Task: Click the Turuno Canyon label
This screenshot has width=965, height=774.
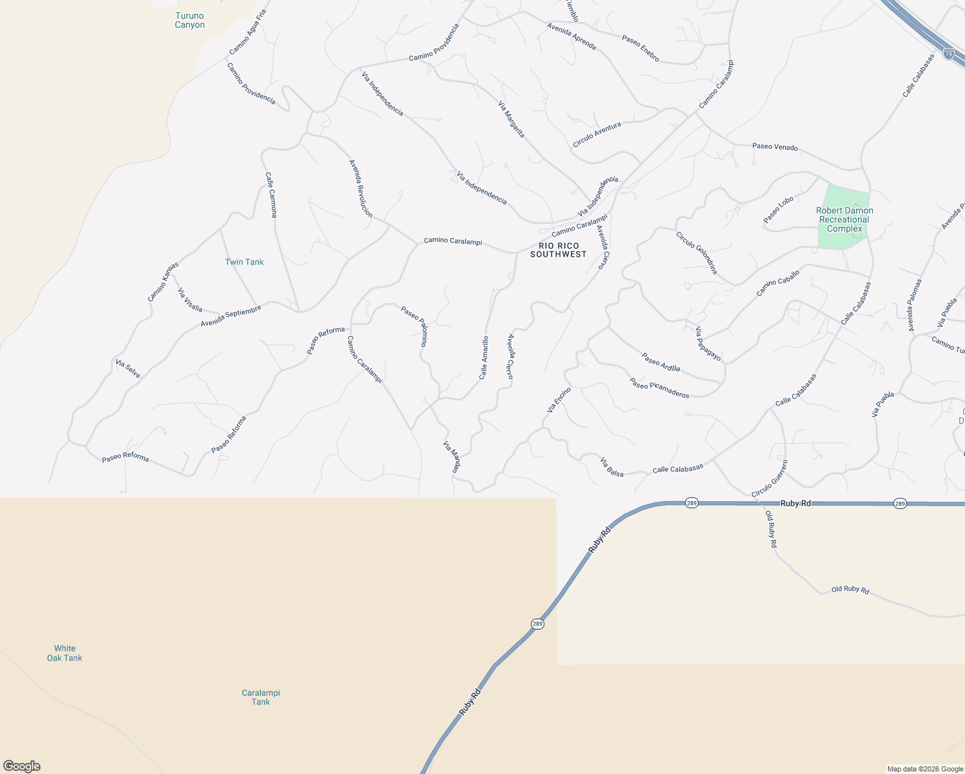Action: point(190,21)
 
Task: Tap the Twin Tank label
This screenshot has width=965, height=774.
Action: point(244,262)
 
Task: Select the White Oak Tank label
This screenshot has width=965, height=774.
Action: point(65,653)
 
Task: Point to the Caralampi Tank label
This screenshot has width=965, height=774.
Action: point(261,697)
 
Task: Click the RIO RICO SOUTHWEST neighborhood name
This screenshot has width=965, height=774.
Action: point(559,250)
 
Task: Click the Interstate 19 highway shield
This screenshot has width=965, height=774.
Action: point(948,54)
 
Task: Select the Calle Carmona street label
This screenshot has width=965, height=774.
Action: point(271,195)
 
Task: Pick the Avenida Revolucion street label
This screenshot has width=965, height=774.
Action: point(361,188)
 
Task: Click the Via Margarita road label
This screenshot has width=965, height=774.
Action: point(512,119)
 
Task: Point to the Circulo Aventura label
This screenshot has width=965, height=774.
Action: point(597,134)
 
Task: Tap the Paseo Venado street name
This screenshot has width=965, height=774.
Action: point(775,147)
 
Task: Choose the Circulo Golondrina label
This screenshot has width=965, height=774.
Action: point(697,253)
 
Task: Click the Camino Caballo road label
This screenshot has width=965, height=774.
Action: point(778,283)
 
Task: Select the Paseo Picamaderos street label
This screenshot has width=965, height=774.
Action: point(660,388)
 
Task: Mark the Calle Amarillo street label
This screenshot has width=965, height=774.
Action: point(484,357)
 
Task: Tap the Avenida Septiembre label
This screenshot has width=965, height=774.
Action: point(231,316)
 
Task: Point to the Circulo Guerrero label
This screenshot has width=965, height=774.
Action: point(770,479)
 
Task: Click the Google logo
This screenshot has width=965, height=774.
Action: point(21,766)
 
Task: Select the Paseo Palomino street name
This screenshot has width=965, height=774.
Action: point(415,326)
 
